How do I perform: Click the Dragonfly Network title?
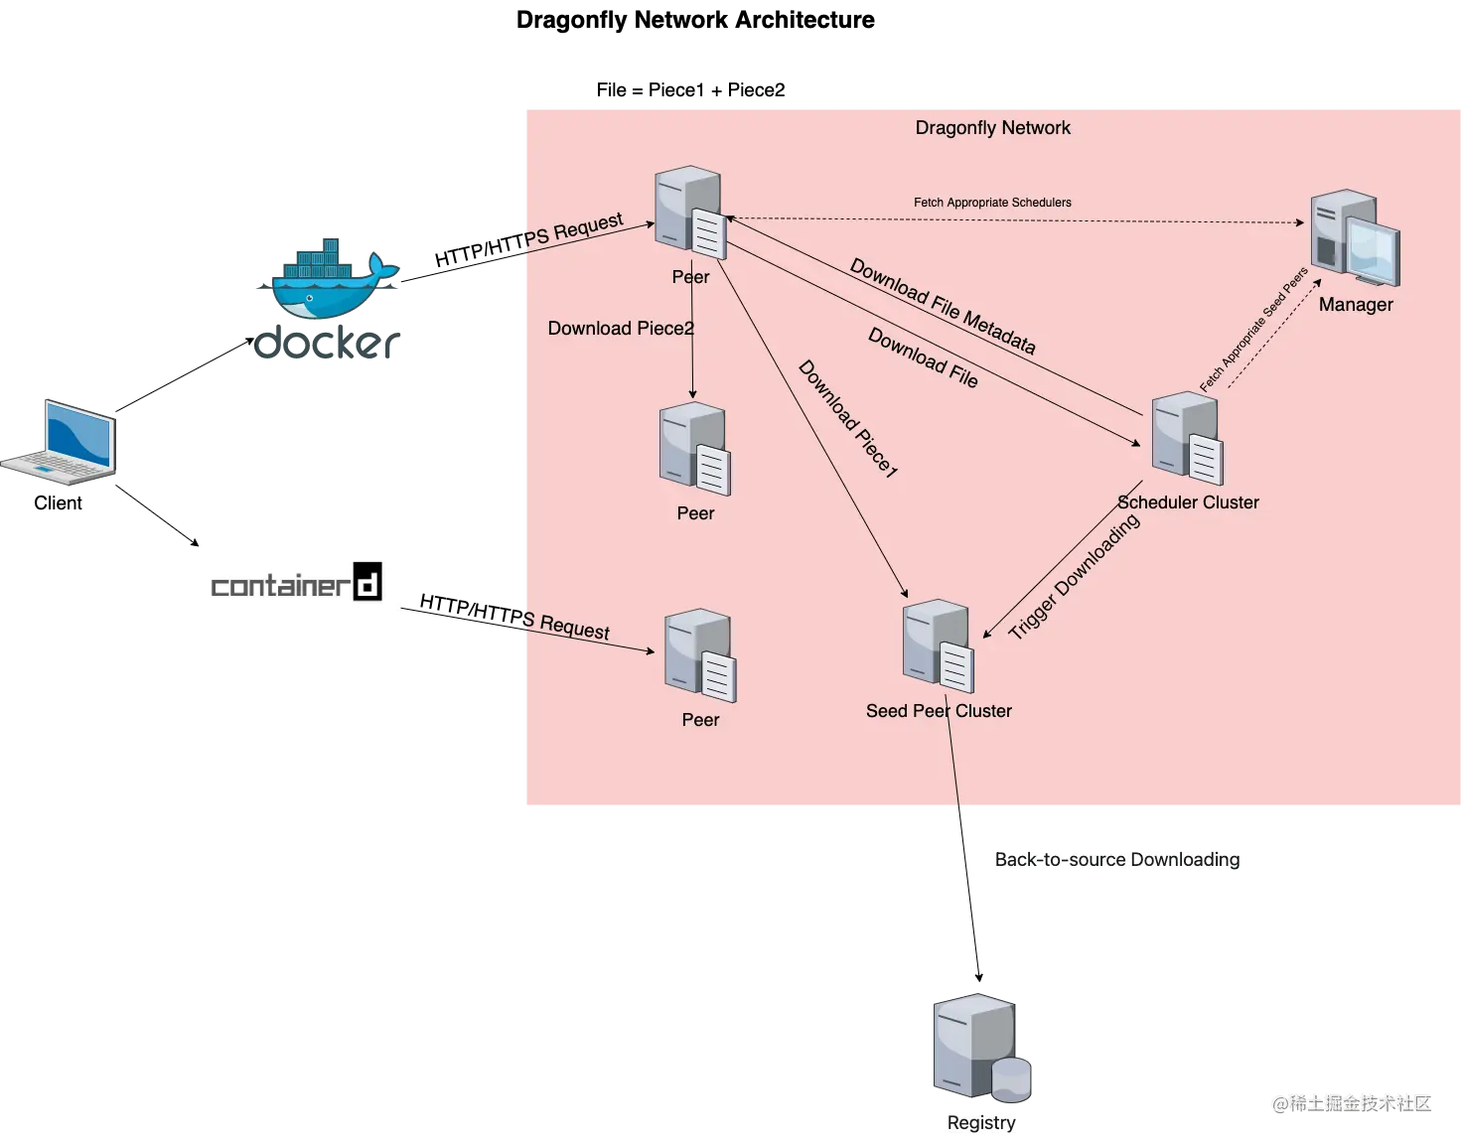pos(992,128)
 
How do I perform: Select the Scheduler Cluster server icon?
pos(1187,438)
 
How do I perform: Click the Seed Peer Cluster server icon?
pos(938,646)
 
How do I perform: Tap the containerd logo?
pos(298,586)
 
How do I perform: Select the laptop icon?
pos(63,442)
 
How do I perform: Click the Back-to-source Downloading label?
pos(1117,860)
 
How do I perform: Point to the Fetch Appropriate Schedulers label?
pos(992,203)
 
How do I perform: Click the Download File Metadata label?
pos(943,307)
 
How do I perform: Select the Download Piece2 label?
pos(621,329)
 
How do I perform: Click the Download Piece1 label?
pos(848,418)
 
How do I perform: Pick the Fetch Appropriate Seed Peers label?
pos(1252,330)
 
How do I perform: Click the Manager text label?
pos(1356,305)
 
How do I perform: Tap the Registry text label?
pos(981,1123)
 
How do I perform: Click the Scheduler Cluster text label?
pos(1188,502)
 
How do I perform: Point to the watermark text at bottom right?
pos(1350,1101)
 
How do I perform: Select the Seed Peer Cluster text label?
pos(939,711)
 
